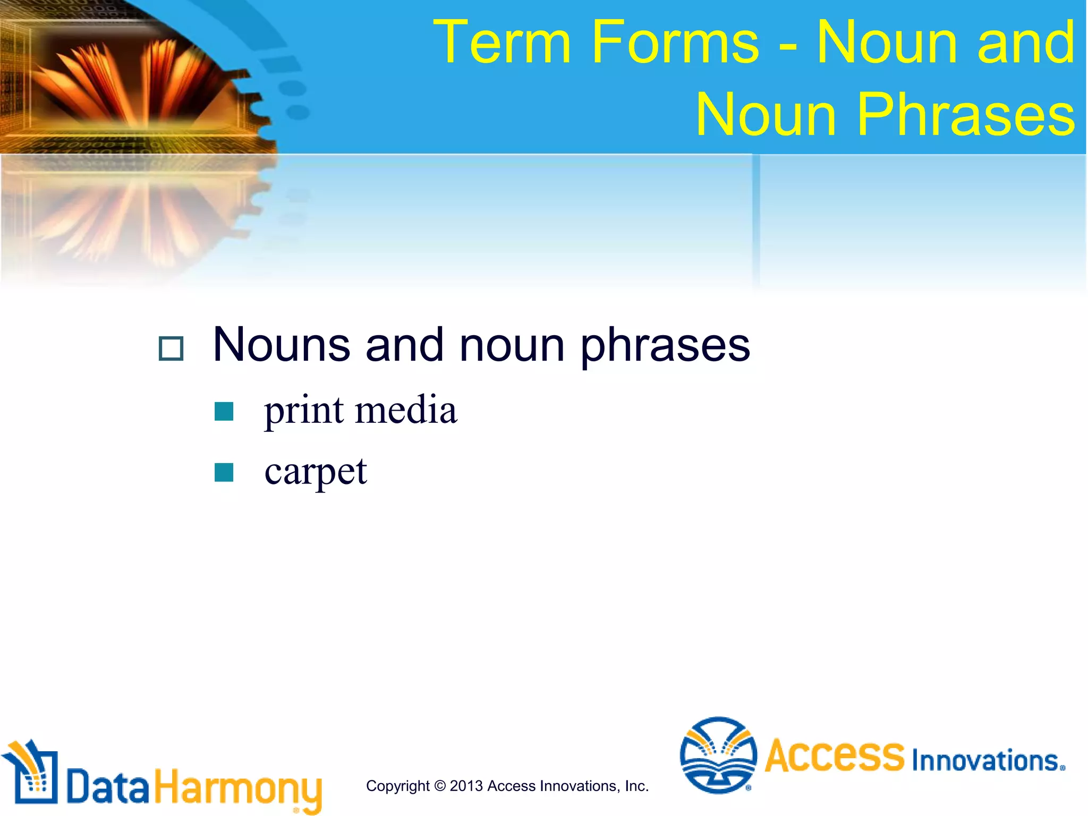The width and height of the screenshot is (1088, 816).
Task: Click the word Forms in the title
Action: click(675, 42)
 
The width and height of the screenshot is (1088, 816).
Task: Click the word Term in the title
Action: click(502, 42)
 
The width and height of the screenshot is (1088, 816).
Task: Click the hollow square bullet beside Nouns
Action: click(171, 348)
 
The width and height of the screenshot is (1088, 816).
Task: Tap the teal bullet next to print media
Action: click(224, 411)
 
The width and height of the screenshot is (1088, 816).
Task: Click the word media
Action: click(406, 410)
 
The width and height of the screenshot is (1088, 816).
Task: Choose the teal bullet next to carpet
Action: click(224, 472)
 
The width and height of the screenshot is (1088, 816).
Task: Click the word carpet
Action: click(316, 472)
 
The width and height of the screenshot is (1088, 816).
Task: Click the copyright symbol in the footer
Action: click(440, 786)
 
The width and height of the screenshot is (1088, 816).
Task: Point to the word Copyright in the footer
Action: click(398, 786)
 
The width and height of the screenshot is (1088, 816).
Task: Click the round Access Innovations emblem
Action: click(718, 755)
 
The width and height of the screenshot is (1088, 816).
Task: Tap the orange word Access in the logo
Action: click(834, 755)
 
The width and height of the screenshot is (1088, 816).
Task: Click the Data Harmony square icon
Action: click(31, 773)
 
